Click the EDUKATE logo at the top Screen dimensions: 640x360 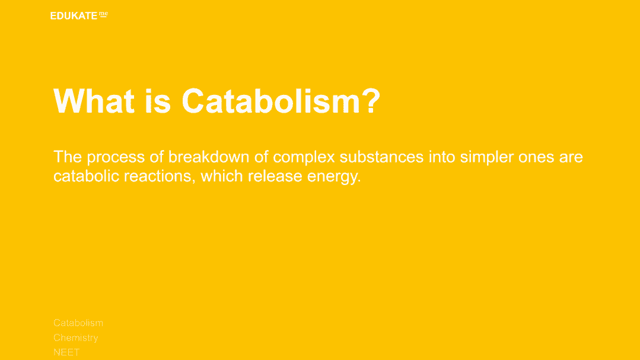(79, 15)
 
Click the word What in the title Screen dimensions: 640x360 (94, 101)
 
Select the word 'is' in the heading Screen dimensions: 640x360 (158, 101)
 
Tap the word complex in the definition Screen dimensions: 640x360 (304, 157)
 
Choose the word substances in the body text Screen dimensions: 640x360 (381, 157)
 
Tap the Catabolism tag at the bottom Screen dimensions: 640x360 (78, 323)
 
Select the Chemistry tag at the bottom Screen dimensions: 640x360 (76, 338)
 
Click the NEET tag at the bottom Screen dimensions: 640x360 (66, 352)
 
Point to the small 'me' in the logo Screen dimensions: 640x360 (104, 14)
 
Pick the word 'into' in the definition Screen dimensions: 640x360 (442, 157)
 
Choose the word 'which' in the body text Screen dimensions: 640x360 (222, 176)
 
